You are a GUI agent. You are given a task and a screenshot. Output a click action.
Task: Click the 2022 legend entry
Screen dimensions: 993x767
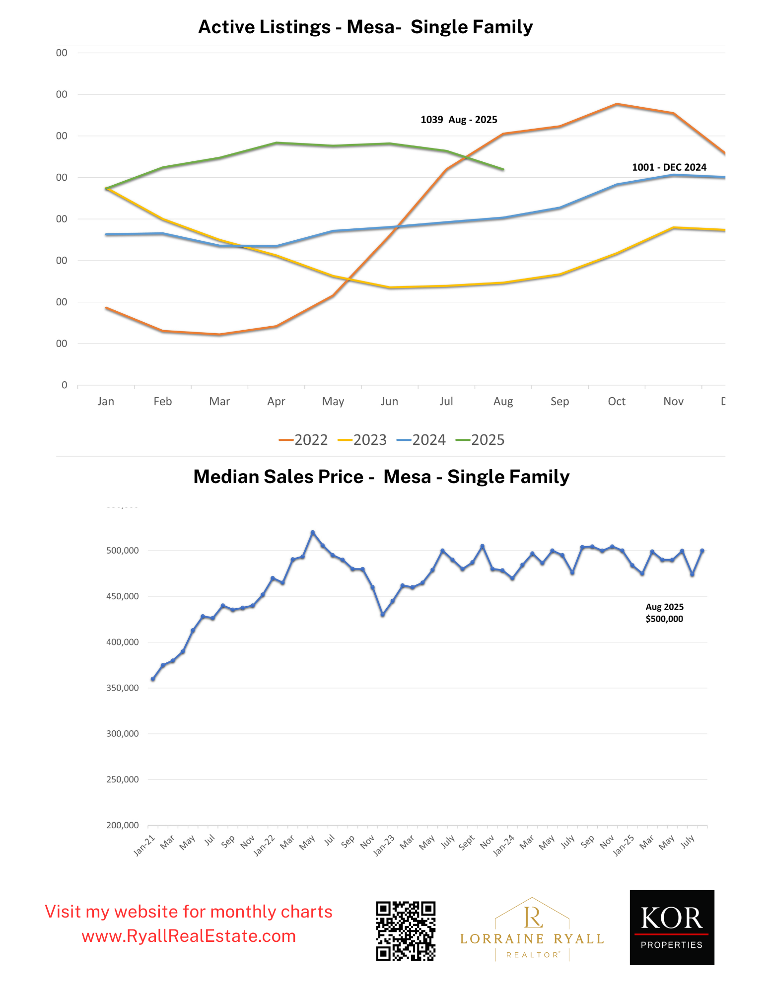[304, 440]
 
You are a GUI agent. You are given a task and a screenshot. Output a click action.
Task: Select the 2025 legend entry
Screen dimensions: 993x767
[481, 440]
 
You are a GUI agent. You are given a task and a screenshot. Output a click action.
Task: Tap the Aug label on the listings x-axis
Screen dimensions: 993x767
[503, 401]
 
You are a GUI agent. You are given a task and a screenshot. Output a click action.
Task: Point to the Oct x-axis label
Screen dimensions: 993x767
[617, 401]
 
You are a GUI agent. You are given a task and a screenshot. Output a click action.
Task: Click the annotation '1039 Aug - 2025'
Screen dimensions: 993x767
[459, 120]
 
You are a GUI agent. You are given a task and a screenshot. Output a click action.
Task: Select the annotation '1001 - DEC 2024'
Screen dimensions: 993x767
[669, 167]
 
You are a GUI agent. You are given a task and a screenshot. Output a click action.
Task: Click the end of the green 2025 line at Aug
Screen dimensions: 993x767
[503, 169]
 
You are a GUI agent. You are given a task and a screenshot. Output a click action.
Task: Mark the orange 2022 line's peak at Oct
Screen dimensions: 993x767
[617, 104]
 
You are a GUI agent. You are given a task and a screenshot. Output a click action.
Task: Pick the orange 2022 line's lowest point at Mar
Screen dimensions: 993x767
[219, 335]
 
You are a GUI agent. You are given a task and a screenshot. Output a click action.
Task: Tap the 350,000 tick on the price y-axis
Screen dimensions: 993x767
[123, 688]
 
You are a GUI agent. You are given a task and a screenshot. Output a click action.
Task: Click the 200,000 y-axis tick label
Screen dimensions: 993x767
[123, 825]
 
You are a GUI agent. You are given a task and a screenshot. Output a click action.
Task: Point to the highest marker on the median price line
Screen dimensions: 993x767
[312, 532]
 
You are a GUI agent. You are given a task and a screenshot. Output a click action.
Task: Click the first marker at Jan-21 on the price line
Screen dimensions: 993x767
[153, 679]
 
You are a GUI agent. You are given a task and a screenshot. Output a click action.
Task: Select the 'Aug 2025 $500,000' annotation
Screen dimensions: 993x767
[664, 613]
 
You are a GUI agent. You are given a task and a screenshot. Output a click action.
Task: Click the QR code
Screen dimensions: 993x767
[406, 931]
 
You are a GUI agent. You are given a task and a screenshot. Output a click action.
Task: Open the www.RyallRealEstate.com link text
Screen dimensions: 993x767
[189, 936]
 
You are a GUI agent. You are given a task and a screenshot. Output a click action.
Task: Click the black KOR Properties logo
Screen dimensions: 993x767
[672, 927]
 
